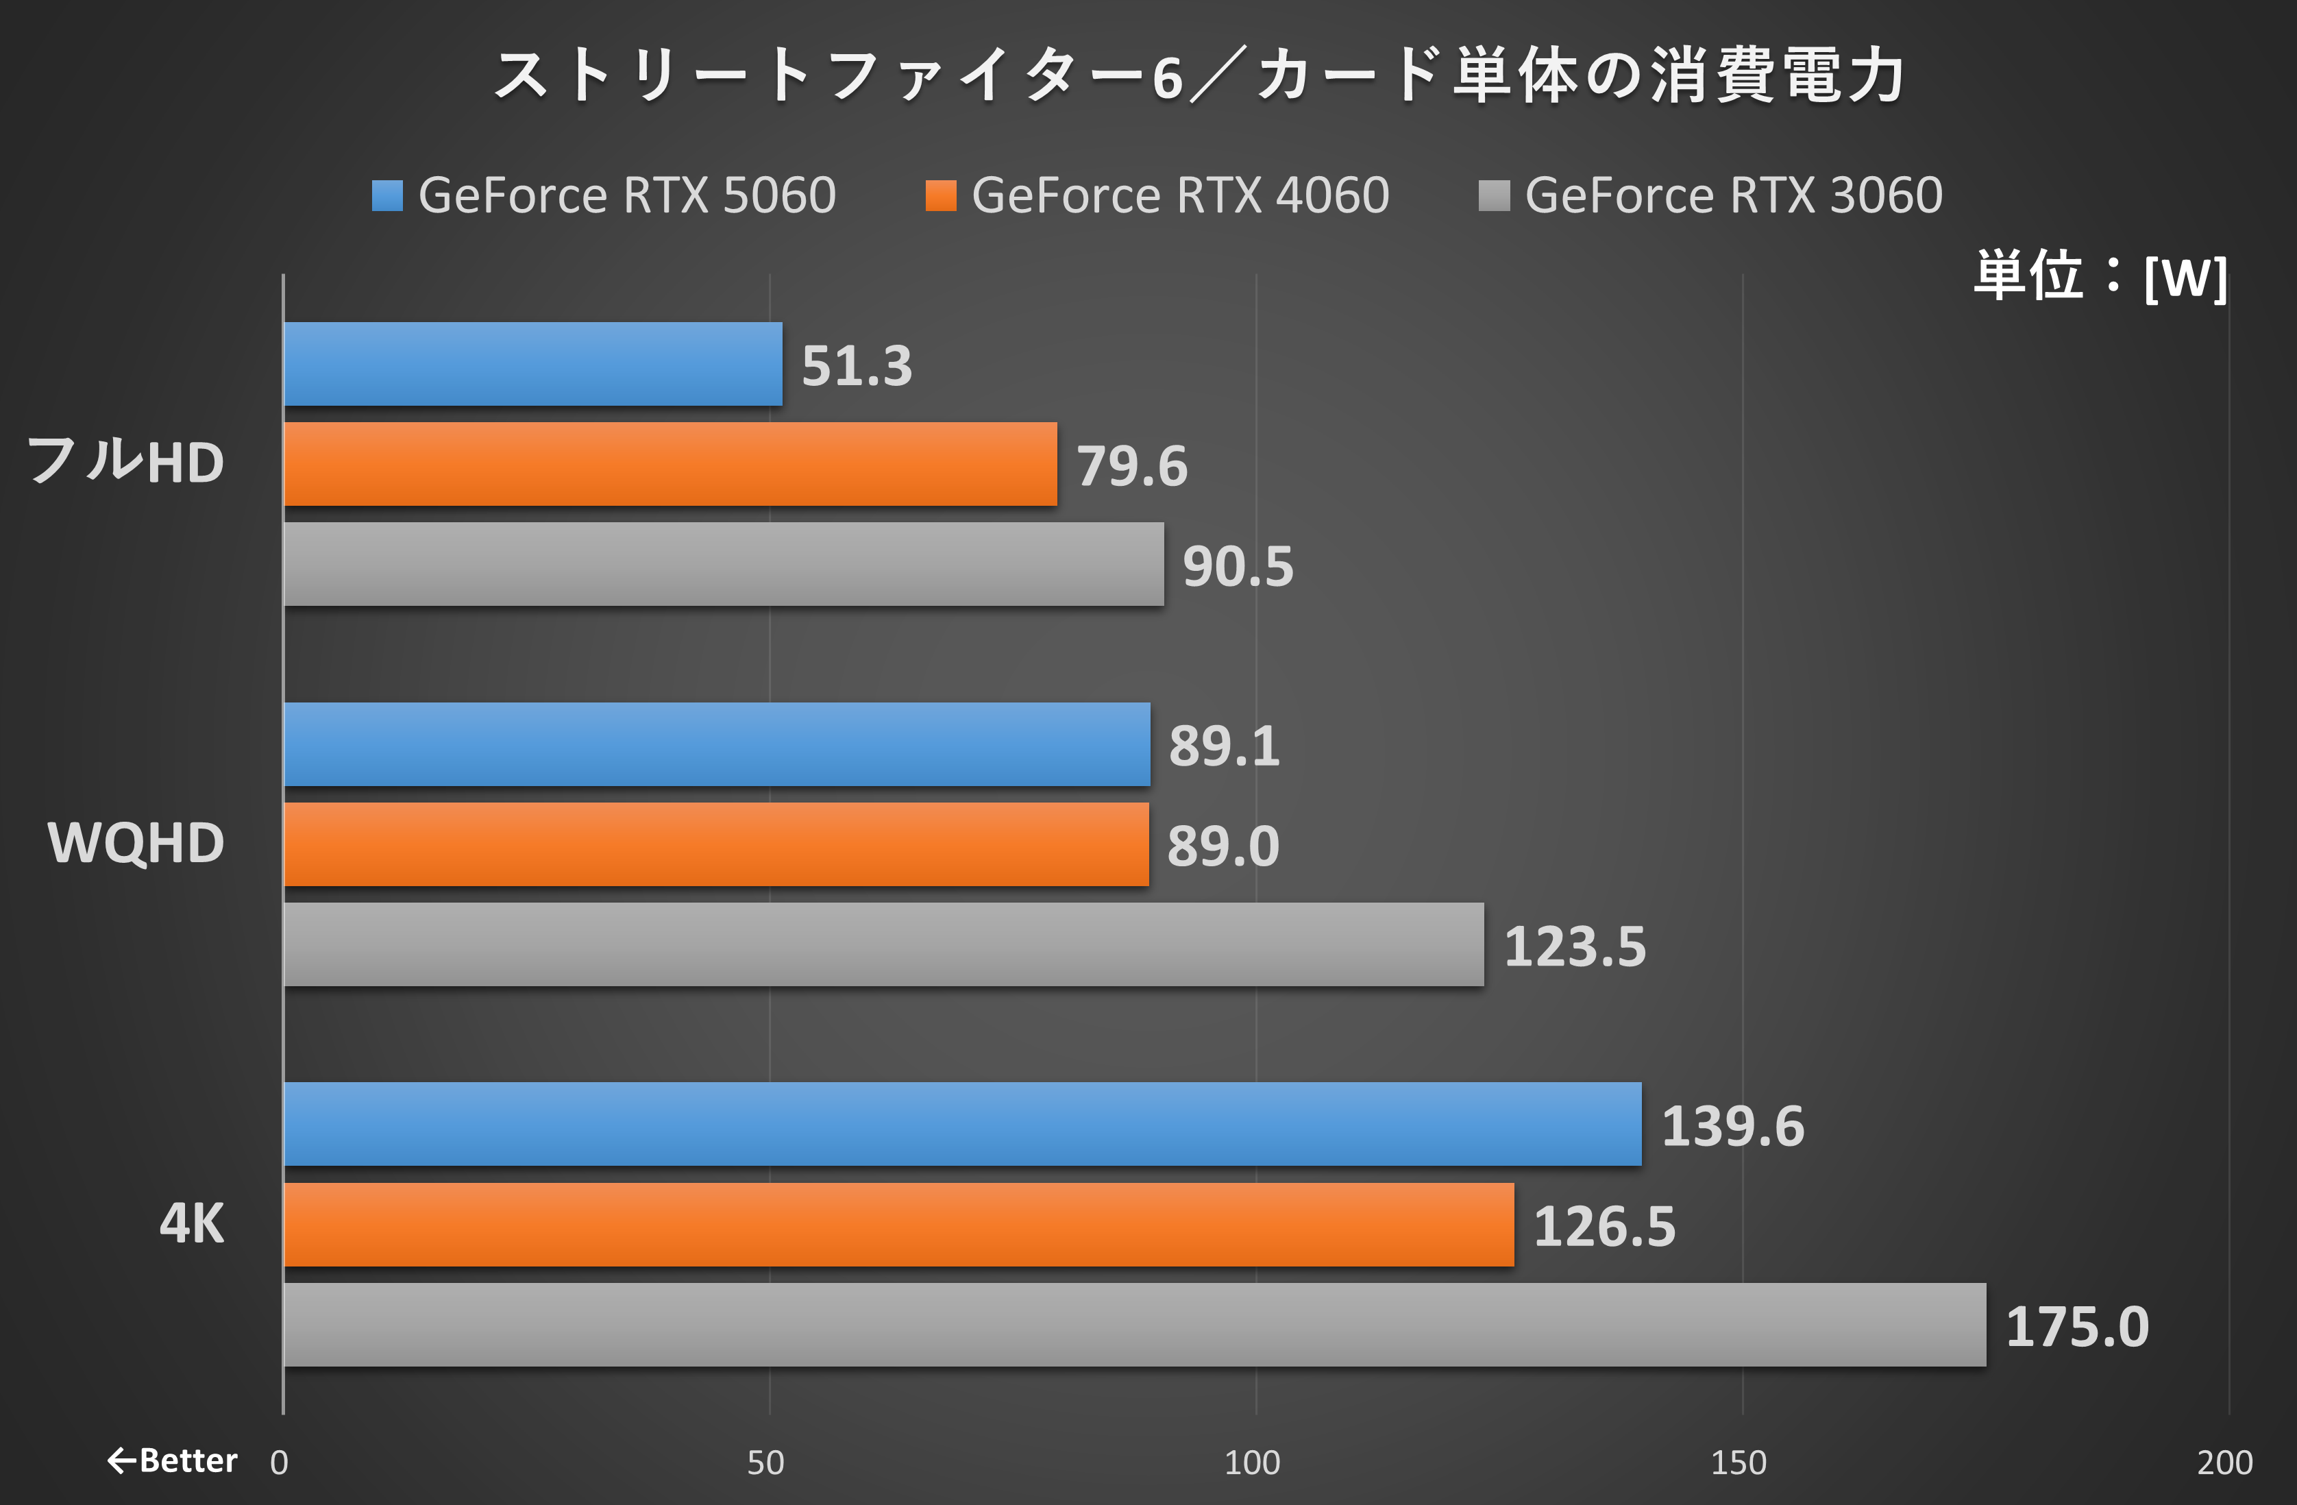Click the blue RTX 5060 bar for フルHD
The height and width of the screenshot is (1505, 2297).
pos(532,364)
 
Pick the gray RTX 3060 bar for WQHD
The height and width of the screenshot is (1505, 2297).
pos(883,945)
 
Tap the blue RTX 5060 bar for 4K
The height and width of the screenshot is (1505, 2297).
pos(962,1125)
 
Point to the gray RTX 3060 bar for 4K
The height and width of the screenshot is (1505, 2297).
pos(1134,1325)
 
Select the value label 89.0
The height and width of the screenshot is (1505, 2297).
pos(1223,846)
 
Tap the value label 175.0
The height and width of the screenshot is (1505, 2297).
pos(2077,1326)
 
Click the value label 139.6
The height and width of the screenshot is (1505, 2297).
pos(1732,1127)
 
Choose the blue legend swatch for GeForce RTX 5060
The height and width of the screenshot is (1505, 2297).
pos(387,196)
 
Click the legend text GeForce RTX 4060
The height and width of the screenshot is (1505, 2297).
pos(1179,196)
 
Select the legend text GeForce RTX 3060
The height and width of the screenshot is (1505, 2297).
pos(1733,196)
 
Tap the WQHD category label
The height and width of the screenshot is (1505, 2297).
pos(136,843)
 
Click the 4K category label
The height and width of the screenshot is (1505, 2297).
pos(191,1224)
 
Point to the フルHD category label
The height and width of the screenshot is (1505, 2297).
pos(125,461)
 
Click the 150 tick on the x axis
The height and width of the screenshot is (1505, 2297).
pos(1739,1463)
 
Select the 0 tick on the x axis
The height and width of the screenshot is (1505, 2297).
pos(279,1463)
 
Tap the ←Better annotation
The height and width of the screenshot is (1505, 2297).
pos(172,1460)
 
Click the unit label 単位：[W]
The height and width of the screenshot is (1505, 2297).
pos(2100,276)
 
